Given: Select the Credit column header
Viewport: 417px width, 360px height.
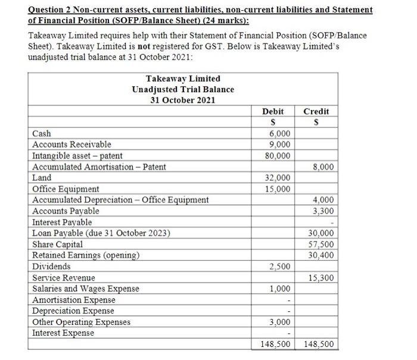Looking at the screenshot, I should tap(316, 111).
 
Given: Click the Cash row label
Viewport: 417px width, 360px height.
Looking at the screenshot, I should tap(42, 134).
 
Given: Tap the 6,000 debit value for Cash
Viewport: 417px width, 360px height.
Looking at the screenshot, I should tap(280, 134).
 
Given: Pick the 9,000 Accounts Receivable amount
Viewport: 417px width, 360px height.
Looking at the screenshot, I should tap(280, 145).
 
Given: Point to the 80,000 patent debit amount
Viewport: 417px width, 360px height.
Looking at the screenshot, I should tap(278, 155).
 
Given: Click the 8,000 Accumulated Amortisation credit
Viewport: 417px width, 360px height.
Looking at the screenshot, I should tap(323, 167).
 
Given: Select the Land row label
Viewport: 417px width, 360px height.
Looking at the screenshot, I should tap(42, 178).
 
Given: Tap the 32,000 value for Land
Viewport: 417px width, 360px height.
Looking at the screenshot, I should tap(278, 178).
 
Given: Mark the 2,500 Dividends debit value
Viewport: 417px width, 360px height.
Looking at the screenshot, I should tap(280, 267).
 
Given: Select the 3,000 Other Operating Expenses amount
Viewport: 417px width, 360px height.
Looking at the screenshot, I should tap(280, 322).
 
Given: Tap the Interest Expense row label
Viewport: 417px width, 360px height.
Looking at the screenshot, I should tap(63, 333).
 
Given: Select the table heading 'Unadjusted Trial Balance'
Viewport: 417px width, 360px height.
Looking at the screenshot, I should tap(183, 89).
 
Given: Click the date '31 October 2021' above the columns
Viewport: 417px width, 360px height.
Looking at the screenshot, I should tap(183, 100).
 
